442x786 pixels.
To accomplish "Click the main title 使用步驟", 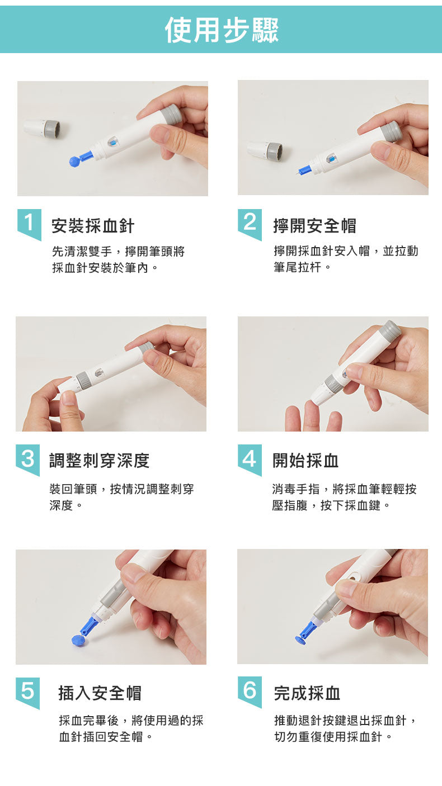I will point(222,30).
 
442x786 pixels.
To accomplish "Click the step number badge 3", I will point(27,459).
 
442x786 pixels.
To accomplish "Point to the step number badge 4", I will point(250,459).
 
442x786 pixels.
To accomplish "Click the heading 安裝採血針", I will point(93,226).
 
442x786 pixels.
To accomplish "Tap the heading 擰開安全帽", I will point(314,226).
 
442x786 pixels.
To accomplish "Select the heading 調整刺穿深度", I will point(100,461).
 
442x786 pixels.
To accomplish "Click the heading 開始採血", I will point(305,461).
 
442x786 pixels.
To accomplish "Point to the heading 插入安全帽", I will point(100,693).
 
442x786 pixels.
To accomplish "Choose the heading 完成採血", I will point(307,693).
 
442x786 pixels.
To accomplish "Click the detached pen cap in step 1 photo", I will point(42,128).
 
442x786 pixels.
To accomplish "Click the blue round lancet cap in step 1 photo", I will point(74,161).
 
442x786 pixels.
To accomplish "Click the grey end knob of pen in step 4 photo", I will point(389,330).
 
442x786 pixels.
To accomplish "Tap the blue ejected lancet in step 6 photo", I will point(306,633).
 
